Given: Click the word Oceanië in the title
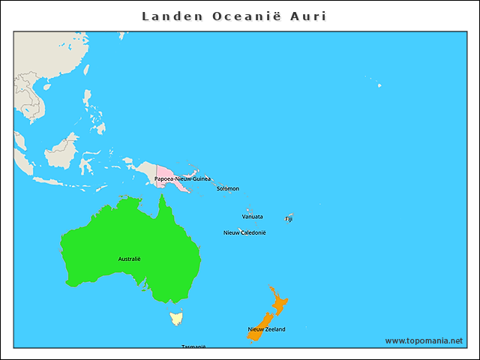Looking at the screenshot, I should click(245, 16).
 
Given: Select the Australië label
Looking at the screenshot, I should click(129, 259).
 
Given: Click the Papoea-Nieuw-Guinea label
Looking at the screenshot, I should click(182, 179).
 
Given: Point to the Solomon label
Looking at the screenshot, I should click(228, 188).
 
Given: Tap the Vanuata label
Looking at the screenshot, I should click(252, 217).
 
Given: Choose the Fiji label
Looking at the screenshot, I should click(289, 219).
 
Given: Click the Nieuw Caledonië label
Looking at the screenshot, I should click(244, 232).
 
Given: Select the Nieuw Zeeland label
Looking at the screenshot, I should click(266, 329).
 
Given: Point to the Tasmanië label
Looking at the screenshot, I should click(193, 346).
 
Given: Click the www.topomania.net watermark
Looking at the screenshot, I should click(424, 340).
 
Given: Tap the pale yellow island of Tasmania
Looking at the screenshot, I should click(177, 318).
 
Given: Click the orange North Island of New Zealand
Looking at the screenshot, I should click(279, 304).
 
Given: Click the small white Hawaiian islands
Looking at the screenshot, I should click(379, 85).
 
